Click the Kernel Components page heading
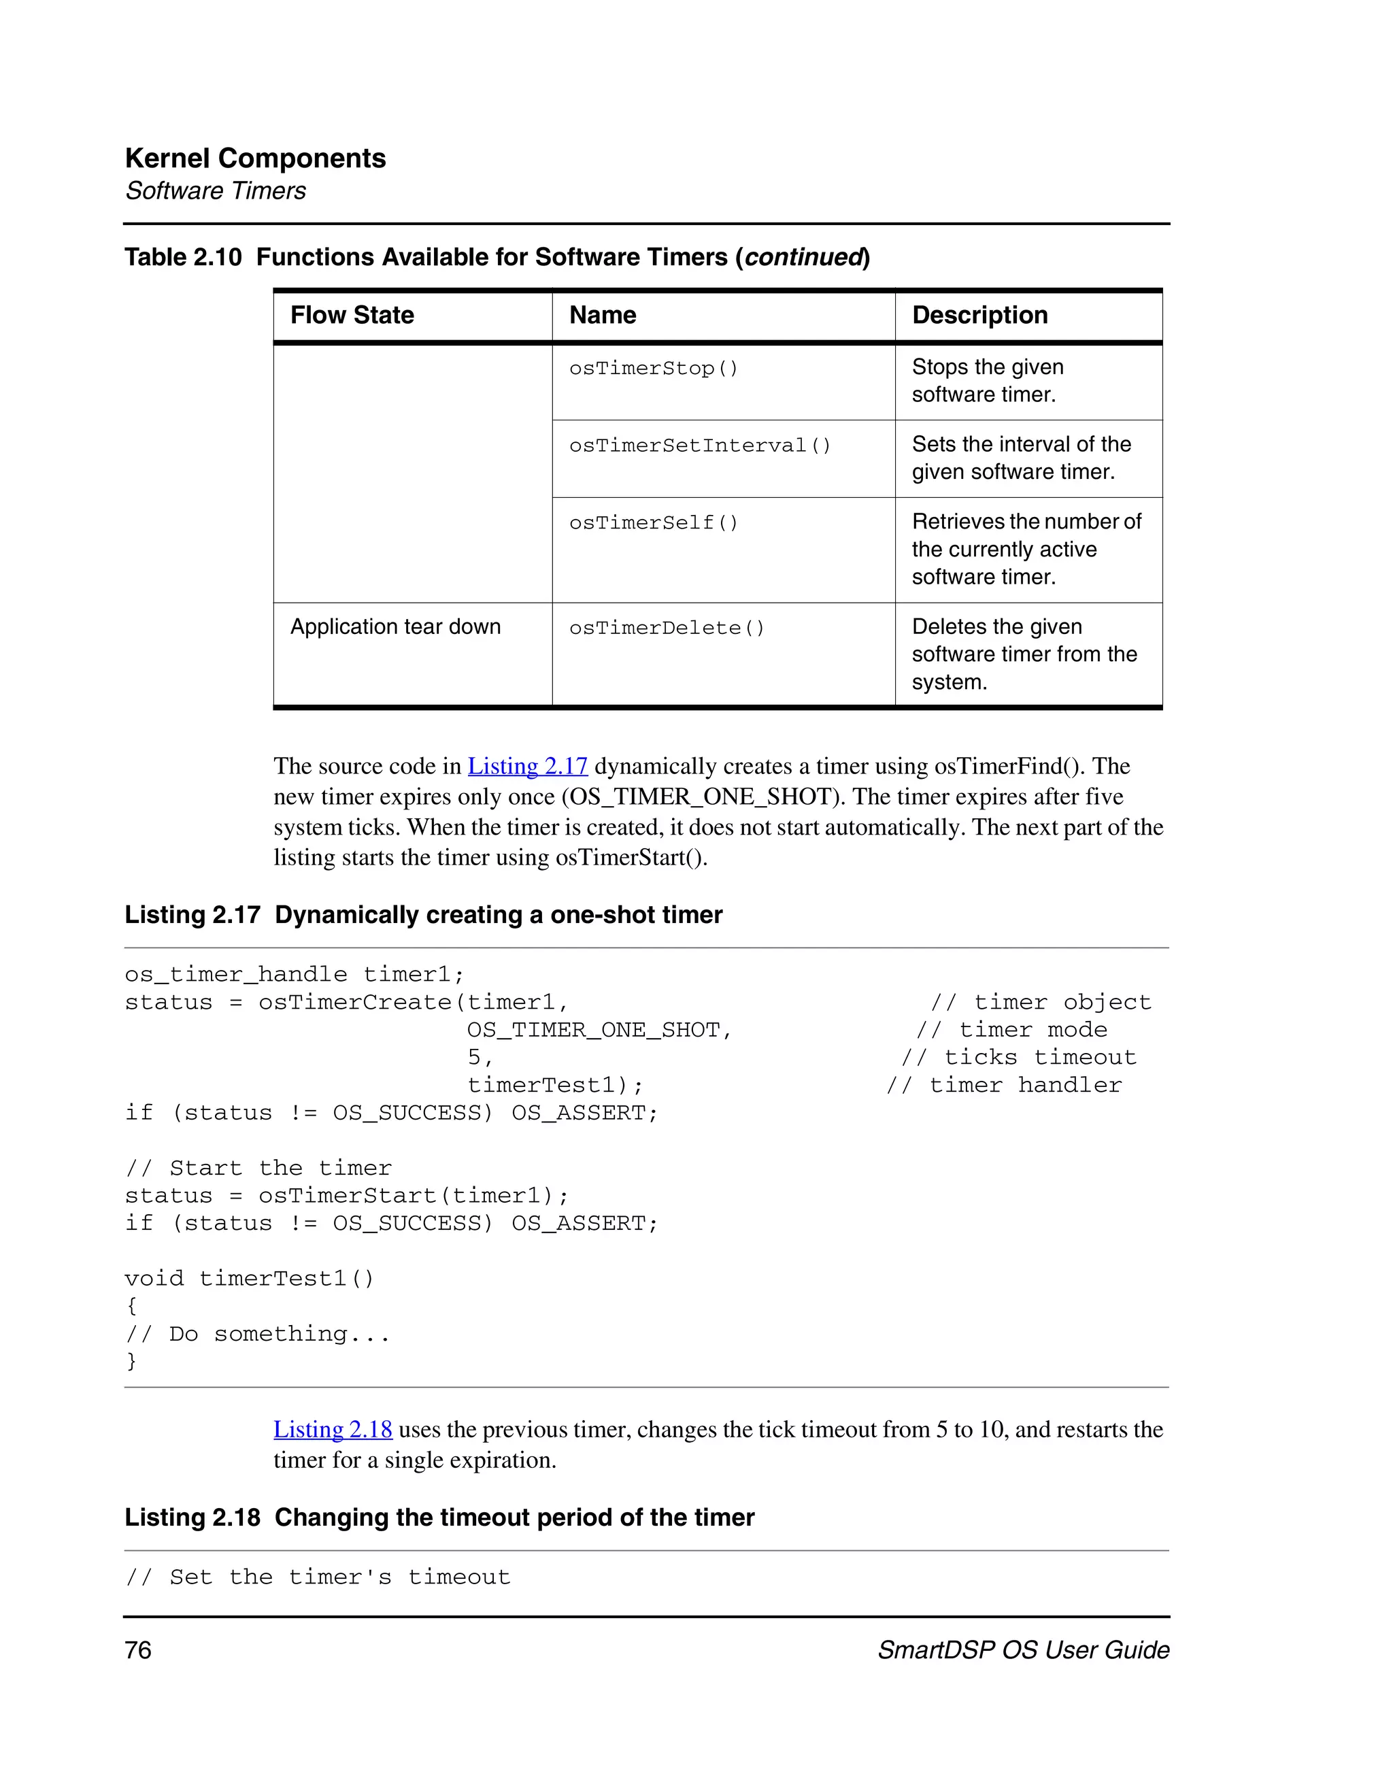pos(255,158)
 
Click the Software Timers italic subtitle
pos(216,191)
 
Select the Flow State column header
pos(352,315)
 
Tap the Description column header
pos(979,315)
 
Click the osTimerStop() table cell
pos(654,368)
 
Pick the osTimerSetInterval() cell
pos(699,446)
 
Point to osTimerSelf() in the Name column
pos(654,522)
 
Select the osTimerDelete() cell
pos(667,628)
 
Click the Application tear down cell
pos(395,626)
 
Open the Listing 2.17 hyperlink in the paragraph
pos(527,766)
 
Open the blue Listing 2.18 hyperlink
pos(333,1429)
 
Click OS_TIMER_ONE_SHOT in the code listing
pos(599,1030)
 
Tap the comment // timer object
pos(1041,1002)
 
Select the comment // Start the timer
pos(258,1168)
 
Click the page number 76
pos(138,1650)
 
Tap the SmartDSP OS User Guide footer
pos(1022,1650)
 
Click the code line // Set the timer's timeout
pos(318,1577)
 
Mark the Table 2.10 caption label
pos(183,258)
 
